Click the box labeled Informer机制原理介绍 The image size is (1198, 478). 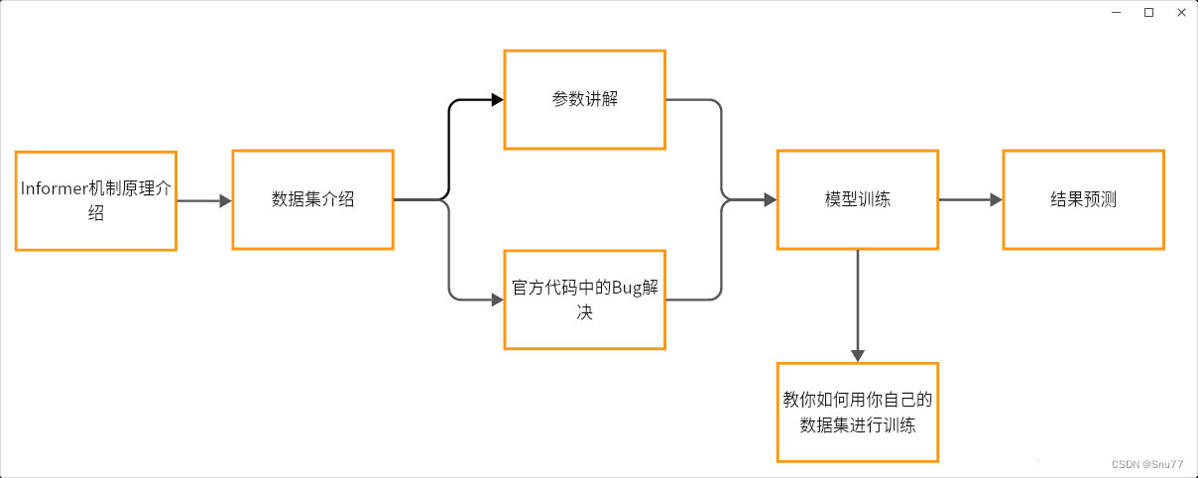[96, 200]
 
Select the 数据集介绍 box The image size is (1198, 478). [312, 199]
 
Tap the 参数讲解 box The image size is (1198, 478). [584, 99]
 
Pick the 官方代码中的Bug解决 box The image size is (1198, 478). [584, 299]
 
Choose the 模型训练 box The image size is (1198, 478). [857, 199]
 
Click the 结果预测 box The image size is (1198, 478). [1083, 199]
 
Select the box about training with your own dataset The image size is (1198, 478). [857, 412]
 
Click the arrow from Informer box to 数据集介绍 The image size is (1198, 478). [203, 200]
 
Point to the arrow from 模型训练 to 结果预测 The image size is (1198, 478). [970, 199]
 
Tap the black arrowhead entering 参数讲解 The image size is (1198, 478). [498, 99]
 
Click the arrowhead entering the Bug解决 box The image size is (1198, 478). [498, 299]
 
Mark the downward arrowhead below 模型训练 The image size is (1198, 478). [858, 355]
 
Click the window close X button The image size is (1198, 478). [1181, 12]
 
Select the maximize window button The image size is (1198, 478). [1148, 12]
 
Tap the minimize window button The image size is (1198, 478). [1116, 12]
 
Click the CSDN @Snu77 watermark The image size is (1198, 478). [1147, 464]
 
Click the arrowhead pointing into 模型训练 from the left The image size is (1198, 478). [770, 199]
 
